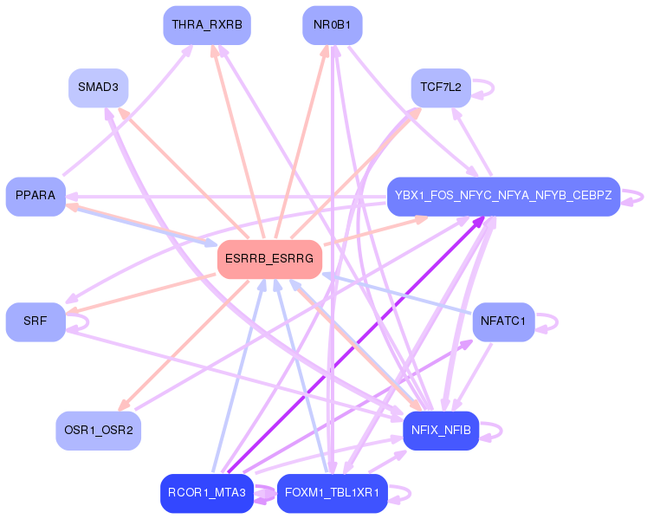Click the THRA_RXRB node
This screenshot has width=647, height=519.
point(207,25)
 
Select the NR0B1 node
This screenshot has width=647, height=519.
point(333,25)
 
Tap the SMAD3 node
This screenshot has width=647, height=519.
point(98,88)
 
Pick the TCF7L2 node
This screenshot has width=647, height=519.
point(441,88)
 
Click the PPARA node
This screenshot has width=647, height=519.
point(36,197)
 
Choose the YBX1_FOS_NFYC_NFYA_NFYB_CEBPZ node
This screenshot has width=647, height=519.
point(503,197)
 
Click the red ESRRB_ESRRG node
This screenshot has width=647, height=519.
point(269,259)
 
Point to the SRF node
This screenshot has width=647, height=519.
point(36,322)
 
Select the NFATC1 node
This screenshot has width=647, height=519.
point(503,322)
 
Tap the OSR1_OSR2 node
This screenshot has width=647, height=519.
point(98,431)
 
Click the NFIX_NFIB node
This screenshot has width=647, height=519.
point(441,431)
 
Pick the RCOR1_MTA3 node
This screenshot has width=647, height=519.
point(207,493)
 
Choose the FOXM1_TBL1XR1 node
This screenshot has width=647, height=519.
point(333,493)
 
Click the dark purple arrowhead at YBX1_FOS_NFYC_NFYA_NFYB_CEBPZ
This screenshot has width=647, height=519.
point(479,222)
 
